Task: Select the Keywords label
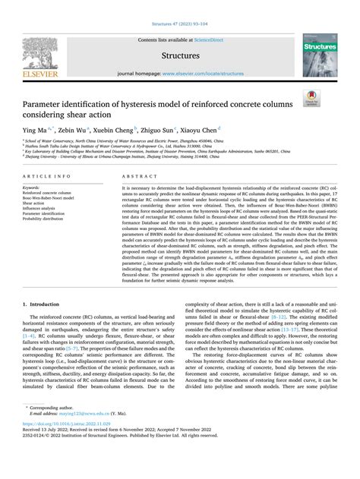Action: (34, 186)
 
